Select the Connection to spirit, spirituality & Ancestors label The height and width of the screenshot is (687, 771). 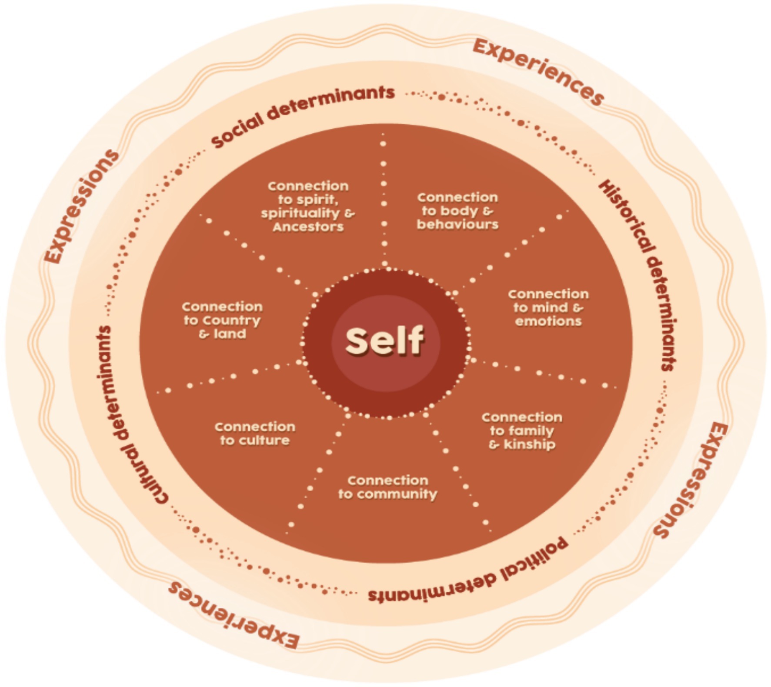tap(308, 207)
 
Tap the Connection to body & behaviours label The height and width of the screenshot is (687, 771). tap(457, 211)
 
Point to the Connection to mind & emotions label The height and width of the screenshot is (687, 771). tap(548, 307)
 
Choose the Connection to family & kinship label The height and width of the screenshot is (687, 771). tap(522, 430)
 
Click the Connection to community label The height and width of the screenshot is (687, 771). tap(387, 487)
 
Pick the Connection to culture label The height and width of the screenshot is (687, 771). tap(255, 434)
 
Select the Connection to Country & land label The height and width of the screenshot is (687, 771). tap(222, 320)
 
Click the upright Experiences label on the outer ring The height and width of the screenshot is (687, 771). tap(538, 72)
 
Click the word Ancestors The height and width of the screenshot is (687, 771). tap(308, 227)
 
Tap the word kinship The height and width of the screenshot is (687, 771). tap(529, 444)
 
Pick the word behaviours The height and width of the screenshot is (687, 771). tap(457, 224)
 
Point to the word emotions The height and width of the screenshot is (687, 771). tap(548, 321)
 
